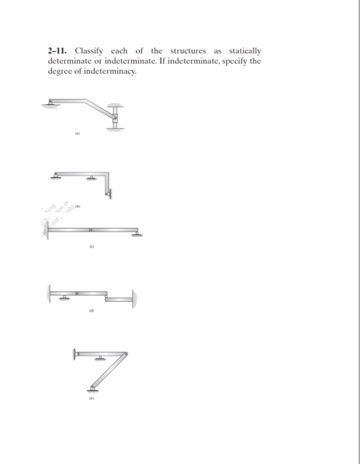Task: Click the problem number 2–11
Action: [x=58, y=51]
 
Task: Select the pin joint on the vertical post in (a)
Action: [x=115, y=118]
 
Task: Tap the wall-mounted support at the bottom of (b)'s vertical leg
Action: [x=109, y=194]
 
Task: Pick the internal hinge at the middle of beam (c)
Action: [x=92, y=229]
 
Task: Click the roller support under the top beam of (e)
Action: [x=99, y=359]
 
